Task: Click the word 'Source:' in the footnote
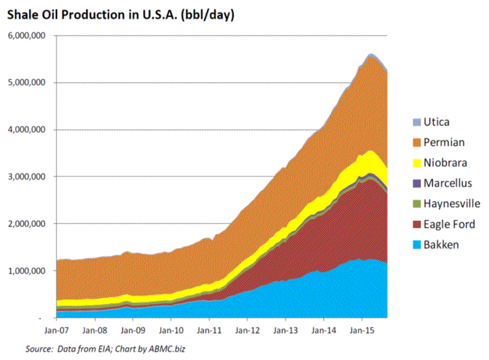(x=39, y=350)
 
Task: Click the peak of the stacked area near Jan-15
(x=371, y=54)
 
